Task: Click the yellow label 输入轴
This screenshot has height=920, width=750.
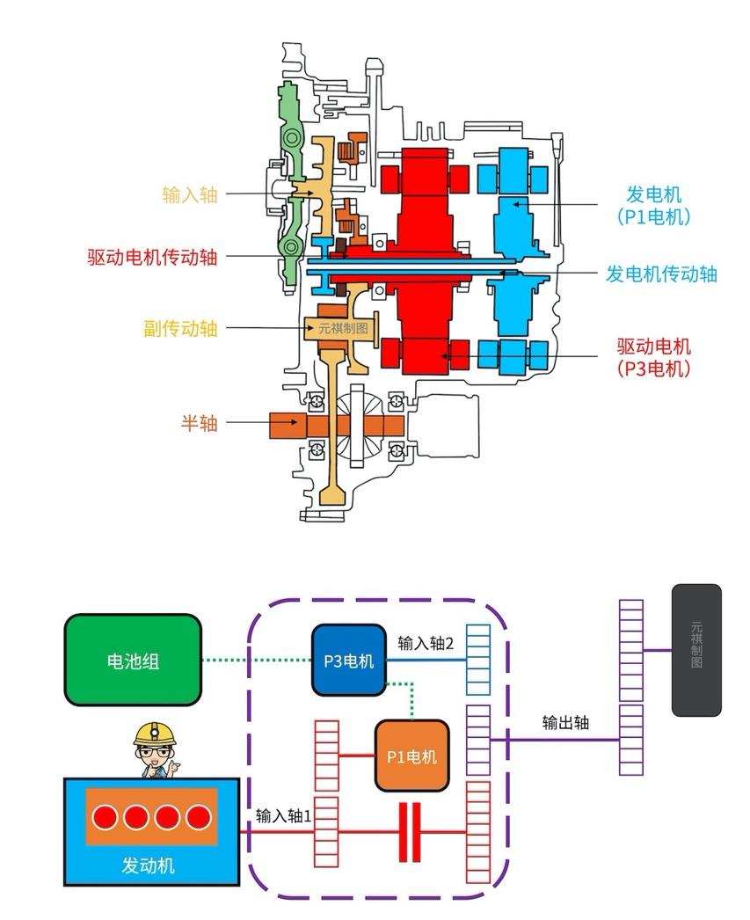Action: click(189, 194)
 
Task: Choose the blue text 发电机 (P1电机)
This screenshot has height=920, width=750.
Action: click(653, 205)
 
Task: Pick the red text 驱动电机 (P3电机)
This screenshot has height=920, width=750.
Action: click(653, 357)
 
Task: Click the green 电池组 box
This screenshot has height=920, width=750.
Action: click(133, 661)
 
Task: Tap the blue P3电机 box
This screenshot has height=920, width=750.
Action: click(349, 661)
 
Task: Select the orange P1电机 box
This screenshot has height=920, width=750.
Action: click(411, 756)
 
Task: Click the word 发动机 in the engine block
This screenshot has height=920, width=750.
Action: click(148, 865)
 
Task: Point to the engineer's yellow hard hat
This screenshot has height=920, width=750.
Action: click(156, 734)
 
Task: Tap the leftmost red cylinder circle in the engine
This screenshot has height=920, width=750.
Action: click(106, 817)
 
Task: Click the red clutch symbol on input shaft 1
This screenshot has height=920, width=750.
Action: click(410, 831)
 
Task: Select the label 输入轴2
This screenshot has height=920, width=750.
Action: click(426, 643)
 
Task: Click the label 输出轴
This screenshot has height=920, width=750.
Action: click(565, 723)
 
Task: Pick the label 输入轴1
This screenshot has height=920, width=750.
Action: click(283, 815)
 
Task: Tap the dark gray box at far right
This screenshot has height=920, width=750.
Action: click(696, 649)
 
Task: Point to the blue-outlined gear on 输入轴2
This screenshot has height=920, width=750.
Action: click(477, 660)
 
